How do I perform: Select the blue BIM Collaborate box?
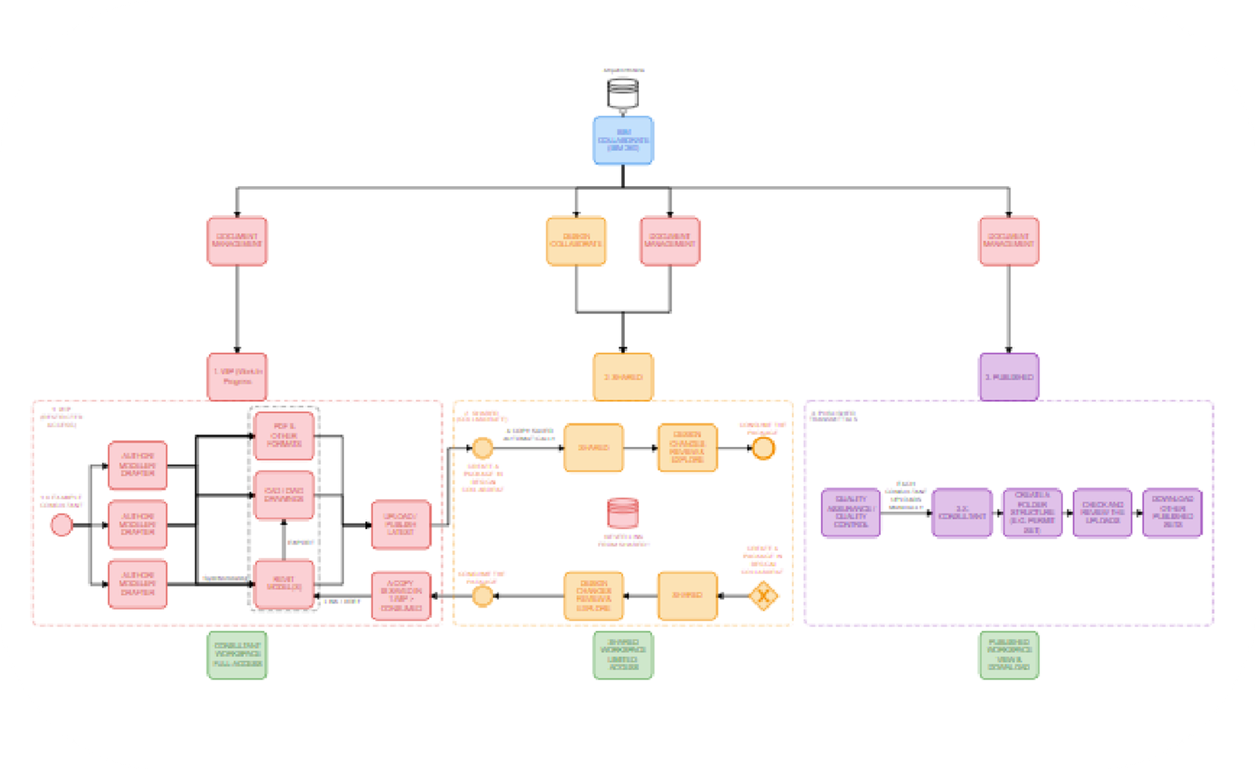click(x=623, y=140)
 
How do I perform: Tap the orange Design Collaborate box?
click(x=576, y=241)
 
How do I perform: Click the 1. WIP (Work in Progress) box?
click(x=237, y=377)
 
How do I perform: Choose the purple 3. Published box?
click(x=1009, y=377)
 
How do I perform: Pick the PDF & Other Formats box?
click(x=284, y=436)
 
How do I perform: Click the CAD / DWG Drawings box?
click(x=284, y=494)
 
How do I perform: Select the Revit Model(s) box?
click(x=284, y=583)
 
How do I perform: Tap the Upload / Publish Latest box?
click(x=400, y=524)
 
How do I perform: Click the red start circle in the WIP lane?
click(x=61, y=525)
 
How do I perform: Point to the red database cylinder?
click(x=623, y=513)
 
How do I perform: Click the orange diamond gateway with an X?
click(x=761, y=596)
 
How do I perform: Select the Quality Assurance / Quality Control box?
click(x=851, y=513)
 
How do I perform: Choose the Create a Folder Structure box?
click(x=1032, y=513)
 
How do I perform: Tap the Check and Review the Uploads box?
click(x=1102, y=513)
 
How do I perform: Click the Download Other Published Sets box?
click(x=1172, y=513)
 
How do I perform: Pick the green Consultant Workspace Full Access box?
click(x=237, y=655)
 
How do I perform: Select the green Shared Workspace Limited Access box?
click(x=623, y=655)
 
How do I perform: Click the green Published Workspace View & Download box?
click(x=1009, y=655)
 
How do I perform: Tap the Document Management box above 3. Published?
click(x=1009, y=241)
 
